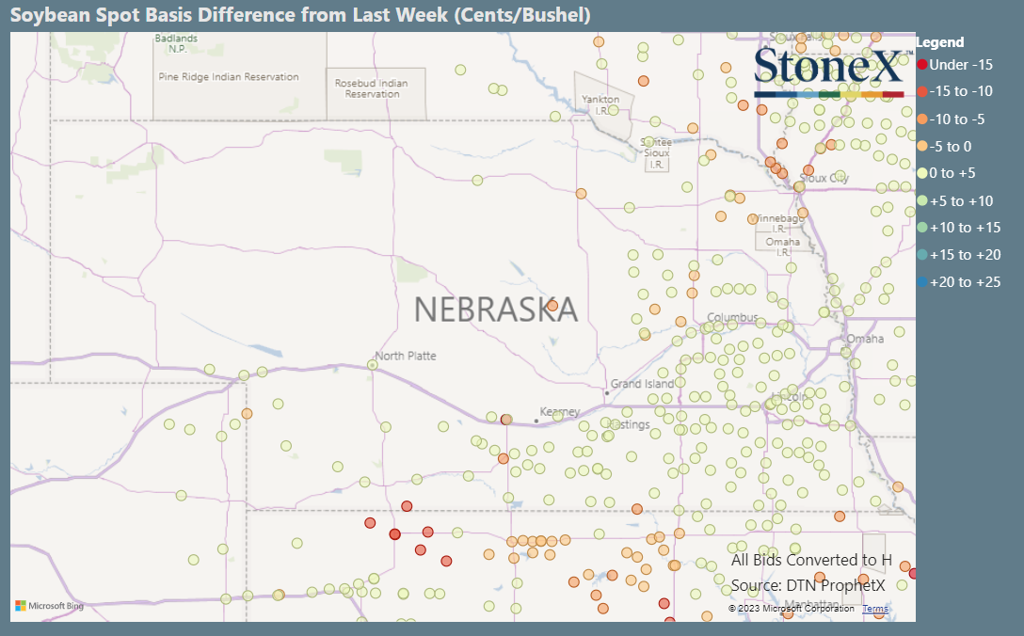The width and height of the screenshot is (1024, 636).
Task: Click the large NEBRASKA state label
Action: point(496,309)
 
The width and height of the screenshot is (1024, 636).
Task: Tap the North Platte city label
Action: point(406,356)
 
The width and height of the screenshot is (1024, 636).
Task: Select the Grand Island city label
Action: point(643,384)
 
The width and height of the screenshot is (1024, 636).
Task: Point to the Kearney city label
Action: point(559,412)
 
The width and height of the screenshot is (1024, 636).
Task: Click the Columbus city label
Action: point(732,317)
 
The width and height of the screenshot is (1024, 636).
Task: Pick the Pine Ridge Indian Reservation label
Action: point(229,77)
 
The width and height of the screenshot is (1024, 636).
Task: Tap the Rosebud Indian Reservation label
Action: point(371,88)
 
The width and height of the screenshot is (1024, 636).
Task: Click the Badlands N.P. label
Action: point(177,43)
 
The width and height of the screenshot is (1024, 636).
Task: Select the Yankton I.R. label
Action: point(600,103)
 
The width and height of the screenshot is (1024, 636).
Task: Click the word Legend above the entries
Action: point(939,42)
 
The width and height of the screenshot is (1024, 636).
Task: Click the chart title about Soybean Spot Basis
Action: point(300,15)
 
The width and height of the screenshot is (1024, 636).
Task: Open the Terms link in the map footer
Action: point(874,609)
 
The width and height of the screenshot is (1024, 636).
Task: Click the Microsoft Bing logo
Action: point(49,606)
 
